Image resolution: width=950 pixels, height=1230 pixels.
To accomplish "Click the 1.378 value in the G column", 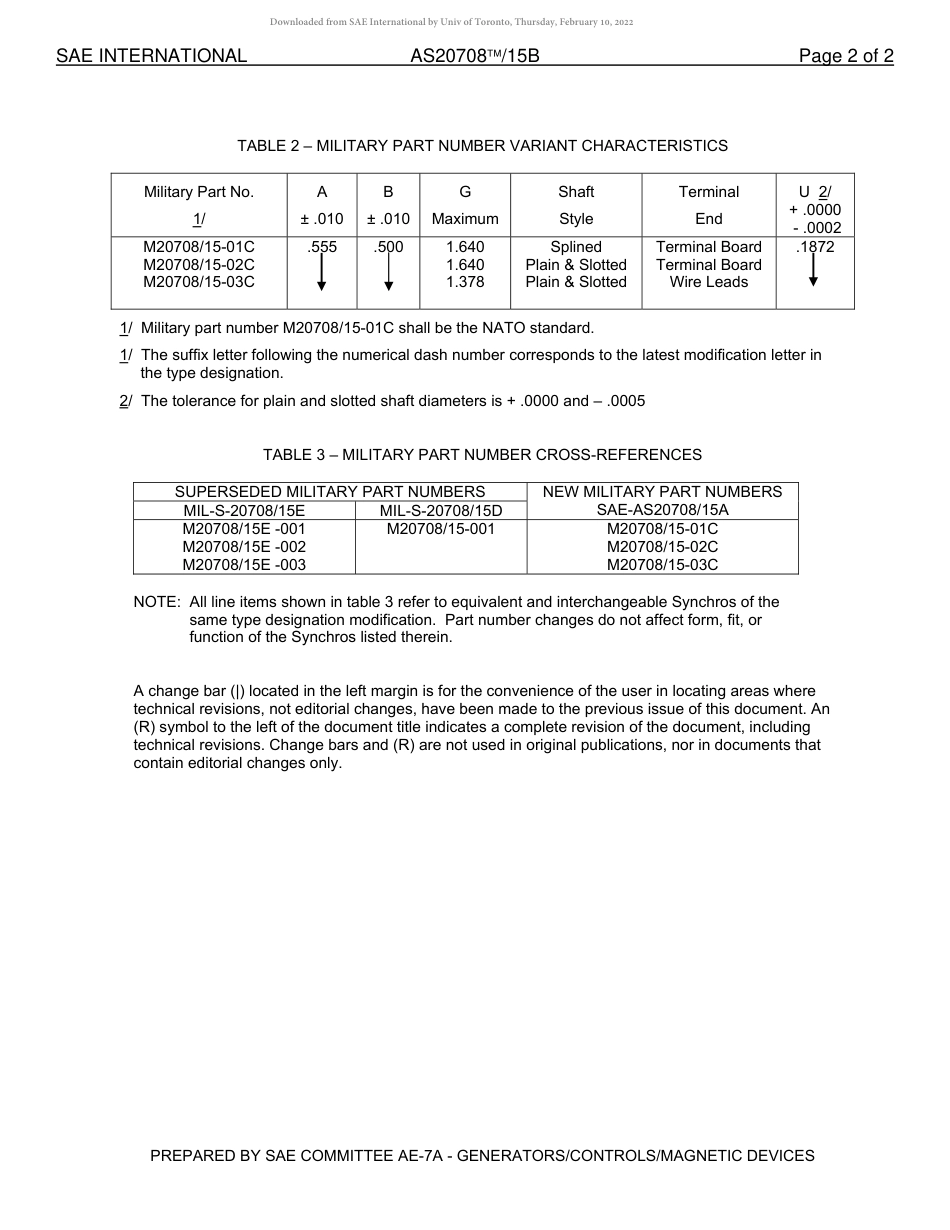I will click(465, 283).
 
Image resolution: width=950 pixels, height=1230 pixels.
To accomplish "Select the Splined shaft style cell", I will click(576, 247).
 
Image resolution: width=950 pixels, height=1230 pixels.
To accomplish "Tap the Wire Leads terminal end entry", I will click(708, 283).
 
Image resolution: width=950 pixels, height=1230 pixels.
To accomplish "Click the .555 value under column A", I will click(322, 247).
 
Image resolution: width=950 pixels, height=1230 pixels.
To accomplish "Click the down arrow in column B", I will click(388, 273).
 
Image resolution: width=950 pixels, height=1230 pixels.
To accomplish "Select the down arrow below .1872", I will click(814, 270).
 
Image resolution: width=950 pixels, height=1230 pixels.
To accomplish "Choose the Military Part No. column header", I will click(199, 192).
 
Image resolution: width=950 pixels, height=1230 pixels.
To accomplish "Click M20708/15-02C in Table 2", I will click(199, 265).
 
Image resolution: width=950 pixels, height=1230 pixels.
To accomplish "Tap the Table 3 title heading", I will click(482, 455).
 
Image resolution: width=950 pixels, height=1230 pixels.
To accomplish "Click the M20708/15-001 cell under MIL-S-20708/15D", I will click(440, 529).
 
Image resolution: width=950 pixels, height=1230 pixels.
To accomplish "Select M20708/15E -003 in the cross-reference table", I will click(244, 565).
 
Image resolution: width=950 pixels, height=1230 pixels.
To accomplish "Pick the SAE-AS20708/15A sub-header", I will click(662, 510).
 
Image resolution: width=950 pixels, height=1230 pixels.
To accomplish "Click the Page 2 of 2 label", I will click(845, 56).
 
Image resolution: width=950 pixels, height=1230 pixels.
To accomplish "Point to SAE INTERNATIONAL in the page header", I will click(151, 56).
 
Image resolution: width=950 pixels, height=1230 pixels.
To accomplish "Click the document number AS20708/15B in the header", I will click(474, 56).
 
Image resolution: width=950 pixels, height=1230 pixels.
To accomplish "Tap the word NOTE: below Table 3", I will click(157, 602).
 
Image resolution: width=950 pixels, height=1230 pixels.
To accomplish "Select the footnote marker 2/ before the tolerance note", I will click(125, 401).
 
